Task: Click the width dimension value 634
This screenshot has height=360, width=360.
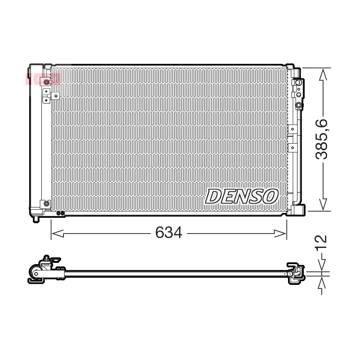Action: click(168, 233)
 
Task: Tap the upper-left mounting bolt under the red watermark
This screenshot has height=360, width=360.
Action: click(46, 82)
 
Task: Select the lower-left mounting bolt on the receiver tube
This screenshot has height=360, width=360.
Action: click(46, 203)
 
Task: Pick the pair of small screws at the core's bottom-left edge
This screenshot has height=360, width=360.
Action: click(61, 213)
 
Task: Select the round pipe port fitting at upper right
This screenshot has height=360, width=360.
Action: click(299, 105)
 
